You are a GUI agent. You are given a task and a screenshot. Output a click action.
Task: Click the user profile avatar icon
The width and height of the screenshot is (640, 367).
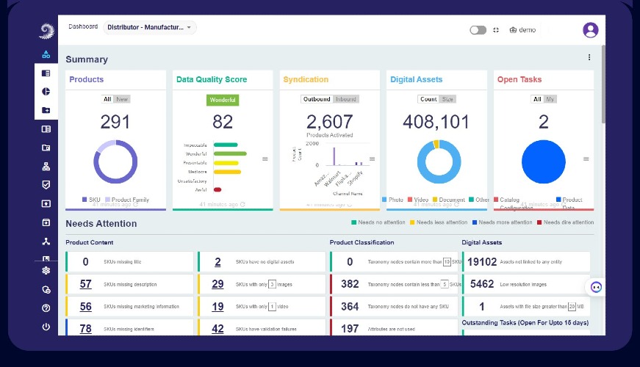pos(590,30)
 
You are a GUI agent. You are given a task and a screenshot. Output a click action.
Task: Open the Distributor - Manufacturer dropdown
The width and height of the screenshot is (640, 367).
pos(149,28)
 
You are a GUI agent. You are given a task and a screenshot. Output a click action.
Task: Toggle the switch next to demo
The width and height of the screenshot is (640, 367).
pos(478,30)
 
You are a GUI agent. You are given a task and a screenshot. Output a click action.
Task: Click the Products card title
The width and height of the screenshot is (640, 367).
pos(87,79)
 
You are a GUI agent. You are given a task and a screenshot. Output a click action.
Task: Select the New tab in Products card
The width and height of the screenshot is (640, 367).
pos(122,99)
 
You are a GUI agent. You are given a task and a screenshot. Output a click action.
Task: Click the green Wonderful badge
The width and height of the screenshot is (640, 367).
pos(222,100)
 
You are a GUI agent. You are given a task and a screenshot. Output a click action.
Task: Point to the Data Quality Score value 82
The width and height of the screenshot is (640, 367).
pos(222,122)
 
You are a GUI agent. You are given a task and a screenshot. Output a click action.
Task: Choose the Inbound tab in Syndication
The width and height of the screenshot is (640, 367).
pos(345,99)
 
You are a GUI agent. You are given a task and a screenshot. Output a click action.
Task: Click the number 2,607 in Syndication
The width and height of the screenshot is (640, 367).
pos(330,122)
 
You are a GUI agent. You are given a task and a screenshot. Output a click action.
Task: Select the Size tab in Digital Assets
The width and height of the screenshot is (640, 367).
pos(447,99)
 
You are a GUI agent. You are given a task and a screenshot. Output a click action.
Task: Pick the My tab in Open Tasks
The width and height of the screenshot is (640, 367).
pos(550,99)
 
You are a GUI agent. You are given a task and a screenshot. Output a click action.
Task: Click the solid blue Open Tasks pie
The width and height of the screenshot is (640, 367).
pos(543,162)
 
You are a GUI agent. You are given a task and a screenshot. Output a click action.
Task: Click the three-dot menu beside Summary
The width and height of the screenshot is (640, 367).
pos(589,58)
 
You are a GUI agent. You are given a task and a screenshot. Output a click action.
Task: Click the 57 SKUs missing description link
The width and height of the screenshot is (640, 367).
pos(86,284)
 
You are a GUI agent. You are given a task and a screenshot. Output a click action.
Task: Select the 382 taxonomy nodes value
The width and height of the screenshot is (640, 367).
pos(350,284)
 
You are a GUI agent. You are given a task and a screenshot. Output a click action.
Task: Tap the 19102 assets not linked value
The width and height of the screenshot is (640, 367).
pos(482,262)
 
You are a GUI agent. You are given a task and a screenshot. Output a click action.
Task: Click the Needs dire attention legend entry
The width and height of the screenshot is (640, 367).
pos(565,222)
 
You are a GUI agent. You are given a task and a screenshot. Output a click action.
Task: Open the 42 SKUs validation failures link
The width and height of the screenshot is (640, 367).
pos(217,329)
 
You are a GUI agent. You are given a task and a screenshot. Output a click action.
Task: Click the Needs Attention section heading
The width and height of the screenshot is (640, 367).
pos(101,223)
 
